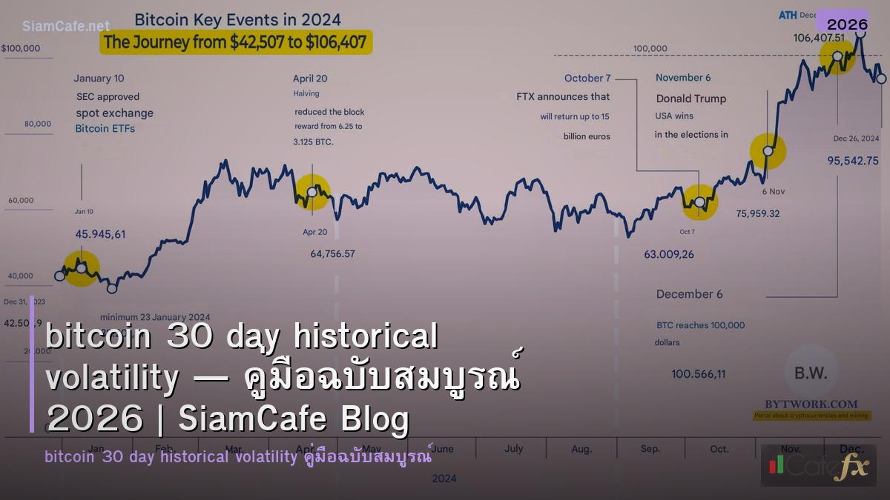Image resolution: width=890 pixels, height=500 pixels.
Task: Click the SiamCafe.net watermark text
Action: click(x=65, y=26)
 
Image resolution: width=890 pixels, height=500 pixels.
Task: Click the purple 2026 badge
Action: click(x=847, y=24)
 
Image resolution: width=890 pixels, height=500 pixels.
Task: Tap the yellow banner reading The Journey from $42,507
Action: click(x=236, y=42)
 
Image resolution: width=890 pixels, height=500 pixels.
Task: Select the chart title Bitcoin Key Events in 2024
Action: click(x=237, y=19)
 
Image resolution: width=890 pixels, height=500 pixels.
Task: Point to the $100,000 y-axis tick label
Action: click(x=22, y=49)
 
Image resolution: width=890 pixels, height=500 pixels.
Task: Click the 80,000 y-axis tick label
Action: click(x=38, y=124)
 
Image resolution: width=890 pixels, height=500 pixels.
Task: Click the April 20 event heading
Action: click(x=310, y=79)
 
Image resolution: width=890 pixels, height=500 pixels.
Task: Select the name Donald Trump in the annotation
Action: click(x=690, y=99)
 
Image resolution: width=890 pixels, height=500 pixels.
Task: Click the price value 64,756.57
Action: click(x=332, y=254)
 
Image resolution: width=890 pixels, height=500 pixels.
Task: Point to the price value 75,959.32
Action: click(x=758, y=213)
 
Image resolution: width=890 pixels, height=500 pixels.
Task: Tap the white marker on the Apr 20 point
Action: click(x=311, y=191)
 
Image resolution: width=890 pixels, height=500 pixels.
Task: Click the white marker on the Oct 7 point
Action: click(x=699, y=201)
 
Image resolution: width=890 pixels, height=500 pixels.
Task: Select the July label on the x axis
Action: click(x=513, y=448)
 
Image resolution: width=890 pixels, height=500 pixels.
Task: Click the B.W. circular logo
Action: click(x=810, y=372)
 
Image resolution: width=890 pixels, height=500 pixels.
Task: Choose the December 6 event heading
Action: click(x=689, y=294)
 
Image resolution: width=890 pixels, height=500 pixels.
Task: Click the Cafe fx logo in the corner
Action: click(x=819, y=465)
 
